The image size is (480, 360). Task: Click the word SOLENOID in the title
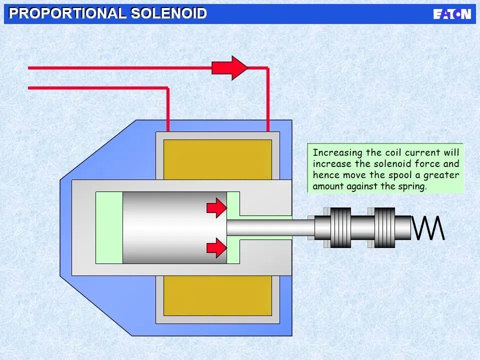168,13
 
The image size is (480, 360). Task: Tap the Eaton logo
452,13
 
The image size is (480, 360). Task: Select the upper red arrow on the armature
216,207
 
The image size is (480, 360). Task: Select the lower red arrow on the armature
216,247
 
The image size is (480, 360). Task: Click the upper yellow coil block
217,159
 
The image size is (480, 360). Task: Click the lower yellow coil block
217,295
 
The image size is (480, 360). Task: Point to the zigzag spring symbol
428,228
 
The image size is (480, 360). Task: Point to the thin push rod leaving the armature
270,228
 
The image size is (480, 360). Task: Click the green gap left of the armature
109,228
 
